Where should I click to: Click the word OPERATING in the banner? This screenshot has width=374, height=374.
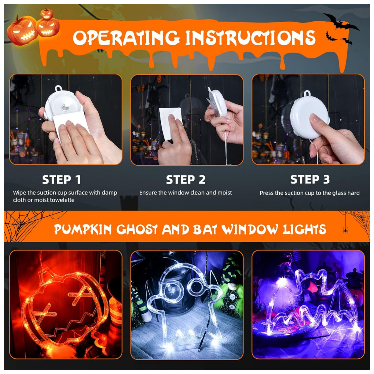point(126,38)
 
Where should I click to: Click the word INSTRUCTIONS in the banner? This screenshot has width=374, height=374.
point(251,38)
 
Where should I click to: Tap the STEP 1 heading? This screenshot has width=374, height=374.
point(61,180)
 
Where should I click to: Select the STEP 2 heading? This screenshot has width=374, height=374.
point(186,180)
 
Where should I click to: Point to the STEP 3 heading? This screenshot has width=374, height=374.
point(310,180)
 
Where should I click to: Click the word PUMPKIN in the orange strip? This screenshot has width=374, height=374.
point(83,230)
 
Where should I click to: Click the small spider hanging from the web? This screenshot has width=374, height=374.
point(345,230)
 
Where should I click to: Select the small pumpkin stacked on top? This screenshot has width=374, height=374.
point(46,14)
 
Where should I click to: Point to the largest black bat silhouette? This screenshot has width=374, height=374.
point(340,22)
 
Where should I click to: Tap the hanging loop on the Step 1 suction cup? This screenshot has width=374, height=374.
point(59,89)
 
